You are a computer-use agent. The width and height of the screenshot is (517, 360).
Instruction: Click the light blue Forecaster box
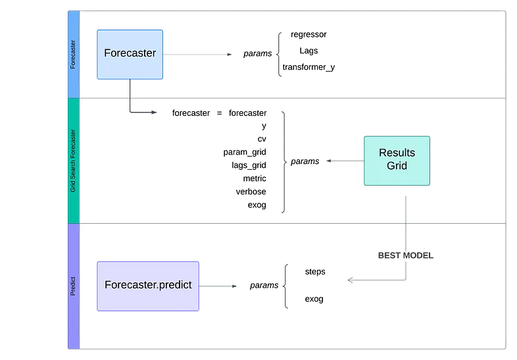pos(130,54)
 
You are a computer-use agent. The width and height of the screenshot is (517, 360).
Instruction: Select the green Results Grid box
pos(397,160)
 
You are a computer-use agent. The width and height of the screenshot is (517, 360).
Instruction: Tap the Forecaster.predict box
pos(149,286)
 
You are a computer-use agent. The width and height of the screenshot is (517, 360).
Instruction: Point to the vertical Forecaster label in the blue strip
pos(73,55)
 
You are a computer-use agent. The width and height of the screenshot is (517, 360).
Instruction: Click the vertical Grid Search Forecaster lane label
pos(73,161)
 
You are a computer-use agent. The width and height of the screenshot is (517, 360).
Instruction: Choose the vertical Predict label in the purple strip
pos(73,286)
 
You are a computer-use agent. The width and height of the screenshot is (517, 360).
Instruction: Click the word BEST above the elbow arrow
pos(389,255)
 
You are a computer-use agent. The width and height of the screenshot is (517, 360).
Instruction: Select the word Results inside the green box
pos(397,153)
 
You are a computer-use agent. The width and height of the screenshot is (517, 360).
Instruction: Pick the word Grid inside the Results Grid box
pos(397,165)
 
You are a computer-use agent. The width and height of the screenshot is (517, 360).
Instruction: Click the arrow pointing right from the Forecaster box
pos(197,55)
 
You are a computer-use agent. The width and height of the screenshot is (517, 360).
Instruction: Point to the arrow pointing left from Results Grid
pos(345,161)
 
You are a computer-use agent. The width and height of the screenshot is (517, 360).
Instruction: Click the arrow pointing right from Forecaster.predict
pos(218,286)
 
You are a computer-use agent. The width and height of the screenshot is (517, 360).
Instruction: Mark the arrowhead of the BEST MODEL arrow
pos(351,281)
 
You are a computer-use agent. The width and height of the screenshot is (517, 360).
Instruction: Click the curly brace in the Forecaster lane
pos(280,55)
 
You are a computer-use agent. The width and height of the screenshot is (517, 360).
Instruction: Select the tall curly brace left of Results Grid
pos(284,162)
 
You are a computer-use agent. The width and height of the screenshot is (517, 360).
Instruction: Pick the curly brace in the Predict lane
pos(285,286)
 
